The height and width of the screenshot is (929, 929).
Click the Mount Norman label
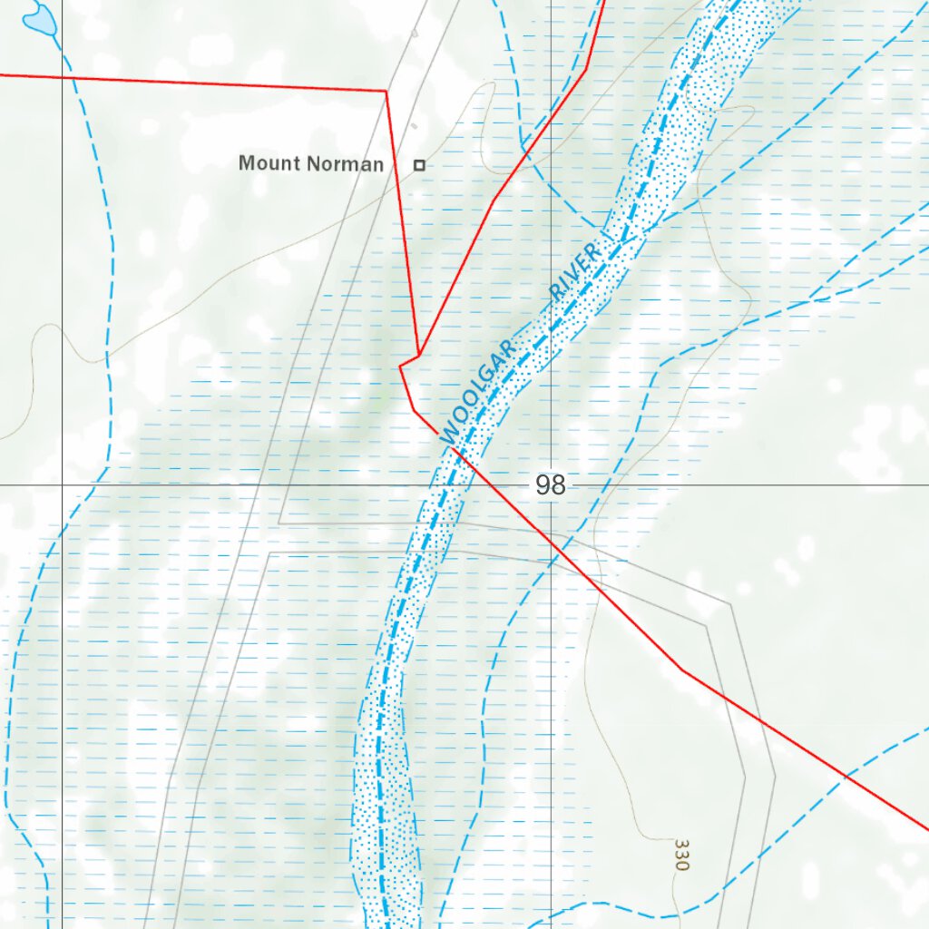click(x=310, y=164)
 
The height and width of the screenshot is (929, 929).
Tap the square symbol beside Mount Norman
click(x=419, y=165)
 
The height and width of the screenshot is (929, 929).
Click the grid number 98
click(x=550, y=485)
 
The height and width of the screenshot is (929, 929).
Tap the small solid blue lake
click(x=37, y=16)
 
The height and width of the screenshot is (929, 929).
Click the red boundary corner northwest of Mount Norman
click(x=387, y=91)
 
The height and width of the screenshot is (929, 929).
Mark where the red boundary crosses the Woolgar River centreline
click(x=454, y=447)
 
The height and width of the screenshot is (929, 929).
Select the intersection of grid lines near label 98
click(x=551, y=484)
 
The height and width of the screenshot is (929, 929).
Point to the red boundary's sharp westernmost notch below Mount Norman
click(x=400, y=366)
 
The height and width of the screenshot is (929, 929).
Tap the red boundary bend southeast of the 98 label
click(x=681, y=670)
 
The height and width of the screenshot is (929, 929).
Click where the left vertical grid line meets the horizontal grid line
click(x=62, y=484)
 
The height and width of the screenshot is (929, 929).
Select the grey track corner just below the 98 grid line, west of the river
click(x=279, y=523)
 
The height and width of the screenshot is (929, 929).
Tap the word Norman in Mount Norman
click(x=345, y=164)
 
